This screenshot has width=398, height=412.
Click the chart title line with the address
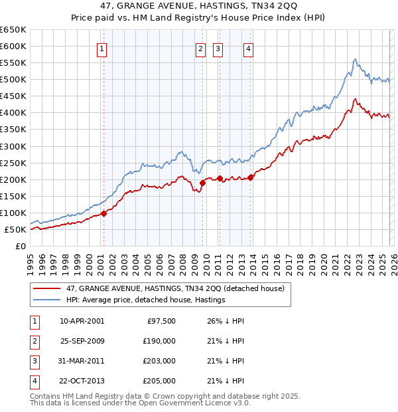coord(199,6)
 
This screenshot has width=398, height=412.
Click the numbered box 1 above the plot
coord(103,48)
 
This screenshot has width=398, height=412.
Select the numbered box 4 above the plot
coord(247,48)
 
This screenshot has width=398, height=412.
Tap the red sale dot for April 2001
coord(103,214)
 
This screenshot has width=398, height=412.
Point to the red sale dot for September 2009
coord(202,183)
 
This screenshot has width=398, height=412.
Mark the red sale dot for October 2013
coord(251,177)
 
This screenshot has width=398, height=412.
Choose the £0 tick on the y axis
coord(21,247)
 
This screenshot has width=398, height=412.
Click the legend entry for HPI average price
coord(146,300)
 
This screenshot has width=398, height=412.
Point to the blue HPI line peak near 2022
coord(355,59)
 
